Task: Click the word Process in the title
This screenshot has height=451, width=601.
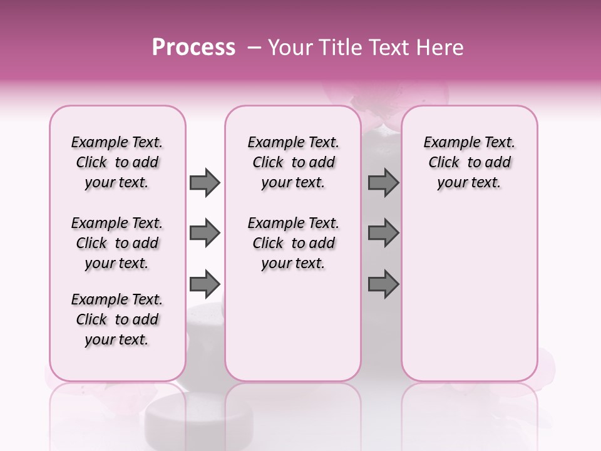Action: (193, 48)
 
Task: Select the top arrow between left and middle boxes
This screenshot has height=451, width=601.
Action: (205, 183)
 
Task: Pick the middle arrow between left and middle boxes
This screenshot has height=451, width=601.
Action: (205, 233)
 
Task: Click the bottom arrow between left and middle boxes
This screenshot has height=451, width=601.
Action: (205, 283)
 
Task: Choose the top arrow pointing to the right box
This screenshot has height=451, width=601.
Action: (383, 183)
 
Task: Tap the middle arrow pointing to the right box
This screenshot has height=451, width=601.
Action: (383, 233)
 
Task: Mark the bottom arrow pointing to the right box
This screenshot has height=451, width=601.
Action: (383, 283)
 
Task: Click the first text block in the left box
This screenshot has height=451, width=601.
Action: (117, 162)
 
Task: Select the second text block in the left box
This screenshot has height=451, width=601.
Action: (117, 243)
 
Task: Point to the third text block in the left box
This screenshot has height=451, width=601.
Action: (117, 319)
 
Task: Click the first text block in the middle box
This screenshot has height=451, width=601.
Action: (293, 162)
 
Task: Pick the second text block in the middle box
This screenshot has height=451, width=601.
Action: (293, 243)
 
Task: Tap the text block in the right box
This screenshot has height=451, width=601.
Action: (469, 162)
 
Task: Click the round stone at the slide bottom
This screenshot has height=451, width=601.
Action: (185, 422)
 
